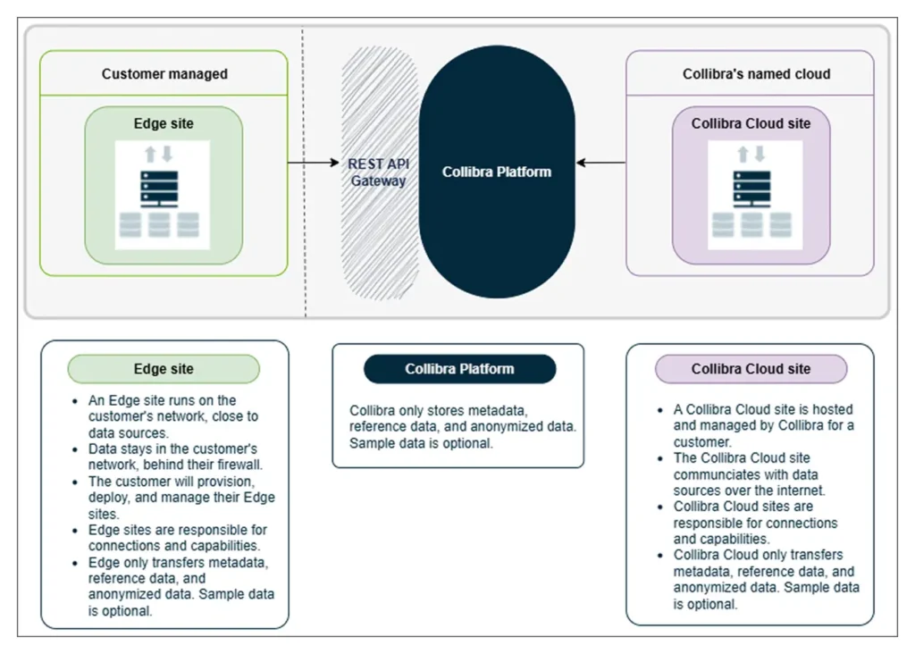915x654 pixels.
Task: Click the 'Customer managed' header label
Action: tap(164, 74)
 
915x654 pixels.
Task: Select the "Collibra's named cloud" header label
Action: tap(756, 74)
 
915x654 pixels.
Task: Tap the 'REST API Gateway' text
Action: tap(378, 172)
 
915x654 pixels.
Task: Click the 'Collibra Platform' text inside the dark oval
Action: tap(497, 172)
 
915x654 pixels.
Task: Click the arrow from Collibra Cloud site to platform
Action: tap(600, 163)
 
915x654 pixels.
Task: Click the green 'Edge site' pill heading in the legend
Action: tap(164, 369)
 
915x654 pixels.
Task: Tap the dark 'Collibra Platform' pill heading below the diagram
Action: tap(459, 369)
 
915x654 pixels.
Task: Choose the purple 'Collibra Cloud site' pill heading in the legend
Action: tap(751, 369)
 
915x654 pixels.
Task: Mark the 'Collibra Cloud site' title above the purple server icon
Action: tap(751, 124)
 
